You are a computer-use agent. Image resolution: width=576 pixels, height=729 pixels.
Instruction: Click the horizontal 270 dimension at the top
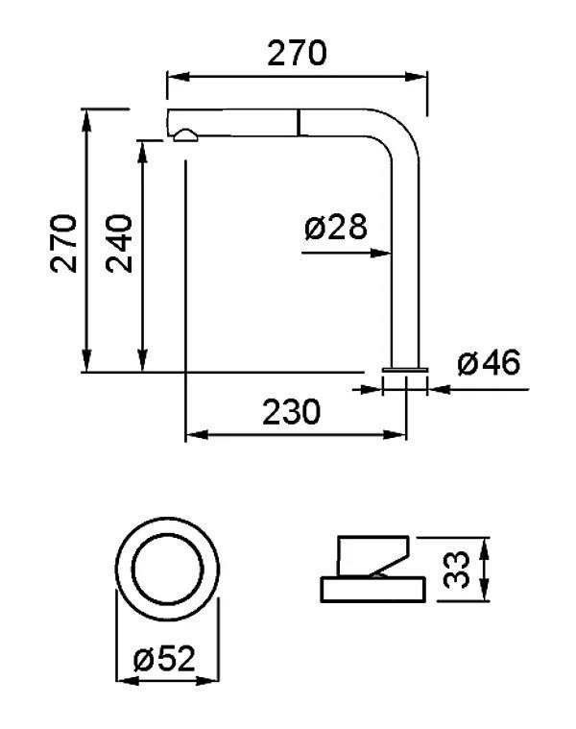[x=297, y=53]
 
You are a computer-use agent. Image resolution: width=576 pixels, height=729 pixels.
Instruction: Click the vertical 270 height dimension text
[x=63, y=243]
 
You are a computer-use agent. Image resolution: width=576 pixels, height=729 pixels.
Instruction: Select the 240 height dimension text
[x=119, y=243]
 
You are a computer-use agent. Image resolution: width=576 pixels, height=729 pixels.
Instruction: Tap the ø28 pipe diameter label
[x=336, y=227]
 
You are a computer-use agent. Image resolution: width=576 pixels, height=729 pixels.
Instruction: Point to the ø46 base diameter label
[x=489, y=363]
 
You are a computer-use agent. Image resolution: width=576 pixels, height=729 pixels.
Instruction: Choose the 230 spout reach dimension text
[x=291, y=412]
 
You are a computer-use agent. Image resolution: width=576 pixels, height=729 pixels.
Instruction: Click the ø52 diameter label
[x=164, y=658]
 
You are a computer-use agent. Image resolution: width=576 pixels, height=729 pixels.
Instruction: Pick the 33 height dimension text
[x=456, y=570]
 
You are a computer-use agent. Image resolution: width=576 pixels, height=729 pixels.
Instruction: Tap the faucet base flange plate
[x=404, y=370]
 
